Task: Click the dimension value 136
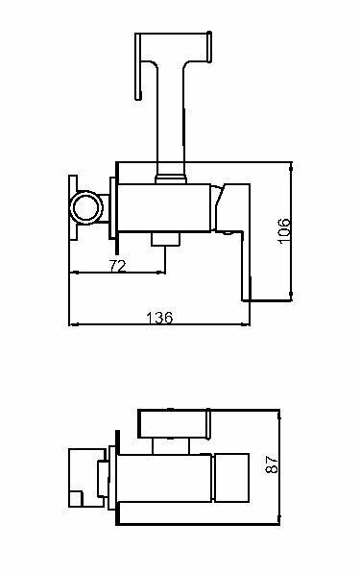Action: coord(158,317)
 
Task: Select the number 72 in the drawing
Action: coord(116,265)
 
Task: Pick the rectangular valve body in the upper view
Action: coord(163,205)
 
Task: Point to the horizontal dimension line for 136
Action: coord(158,325)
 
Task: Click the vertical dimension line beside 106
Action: coord(292,231)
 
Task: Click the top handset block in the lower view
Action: coord(175,424)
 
